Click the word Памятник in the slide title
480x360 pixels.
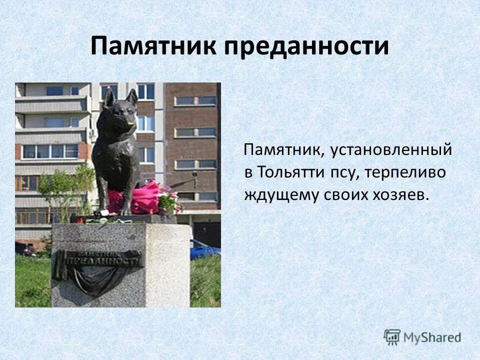[x=154, y=46]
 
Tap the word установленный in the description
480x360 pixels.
[x=391, y=149]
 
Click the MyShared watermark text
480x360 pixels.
[x=432, y=337]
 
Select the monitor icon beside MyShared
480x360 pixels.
[x=392, y=337]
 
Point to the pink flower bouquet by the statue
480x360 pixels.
[x=147, y=198]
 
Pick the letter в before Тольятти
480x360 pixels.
[x=248, y=172]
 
